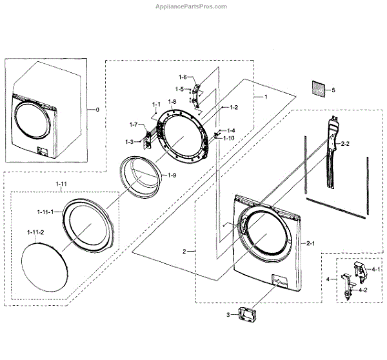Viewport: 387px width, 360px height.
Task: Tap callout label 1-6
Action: coord(183,77)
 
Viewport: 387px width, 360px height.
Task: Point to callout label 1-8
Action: coord(172,103)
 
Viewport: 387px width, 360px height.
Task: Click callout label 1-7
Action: coord(134,124)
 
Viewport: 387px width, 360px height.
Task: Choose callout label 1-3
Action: coord(129,141)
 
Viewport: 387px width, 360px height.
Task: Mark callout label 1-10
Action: coord(229,138)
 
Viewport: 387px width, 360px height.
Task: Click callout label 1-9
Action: coord(172,175)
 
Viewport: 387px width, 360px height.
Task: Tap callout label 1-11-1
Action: coord(40,211)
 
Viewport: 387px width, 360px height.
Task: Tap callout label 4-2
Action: coord(362,290)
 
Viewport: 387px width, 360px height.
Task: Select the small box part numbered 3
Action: coord(248,316)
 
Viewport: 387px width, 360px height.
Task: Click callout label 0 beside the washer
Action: coord(97,110)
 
